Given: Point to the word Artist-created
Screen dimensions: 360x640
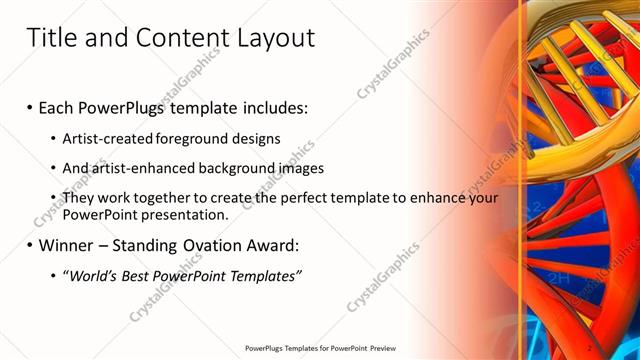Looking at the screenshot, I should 104,137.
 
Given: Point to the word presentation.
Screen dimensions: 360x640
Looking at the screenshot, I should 189,214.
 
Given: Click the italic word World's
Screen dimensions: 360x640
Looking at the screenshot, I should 91,276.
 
